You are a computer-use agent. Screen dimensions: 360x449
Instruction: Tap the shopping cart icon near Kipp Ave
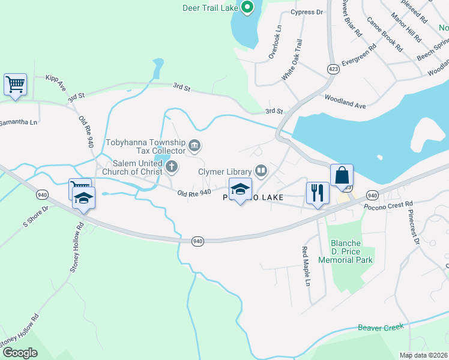tap(15, 84)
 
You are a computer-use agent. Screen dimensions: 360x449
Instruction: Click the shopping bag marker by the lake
tap(342, 175)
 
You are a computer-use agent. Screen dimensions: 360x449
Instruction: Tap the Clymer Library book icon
tap(261, 172)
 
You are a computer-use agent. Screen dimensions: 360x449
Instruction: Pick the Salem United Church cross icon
tap(172, 167)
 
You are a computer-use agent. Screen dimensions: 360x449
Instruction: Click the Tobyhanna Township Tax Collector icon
tap(194, 145)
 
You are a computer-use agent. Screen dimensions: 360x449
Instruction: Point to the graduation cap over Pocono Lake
tap(240, 189)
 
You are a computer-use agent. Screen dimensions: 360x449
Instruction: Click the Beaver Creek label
tap(381, 327)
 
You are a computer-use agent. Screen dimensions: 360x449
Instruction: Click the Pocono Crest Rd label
tap(388, 206)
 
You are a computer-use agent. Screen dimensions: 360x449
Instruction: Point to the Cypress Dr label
tap(307, 12)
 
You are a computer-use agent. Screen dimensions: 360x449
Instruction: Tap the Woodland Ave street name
tap(345, 101)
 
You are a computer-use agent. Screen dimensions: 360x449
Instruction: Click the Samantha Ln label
tap(18, 122)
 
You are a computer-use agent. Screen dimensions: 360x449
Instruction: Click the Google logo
tap(20, 352)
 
